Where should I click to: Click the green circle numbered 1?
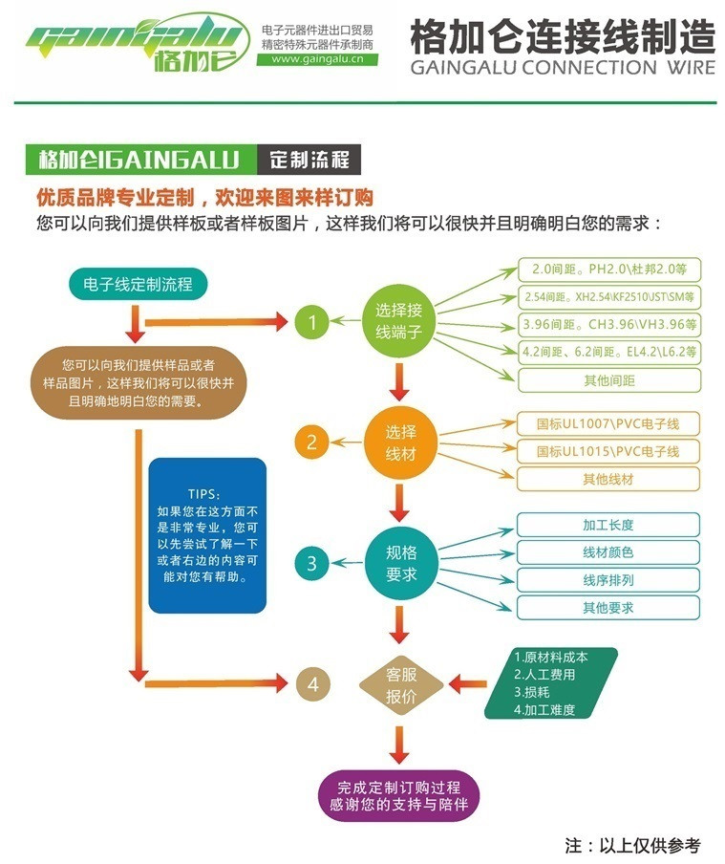coord(311,323)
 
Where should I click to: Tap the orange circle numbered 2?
coord(311,443)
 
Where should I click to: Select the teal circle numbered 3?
coord(311,563)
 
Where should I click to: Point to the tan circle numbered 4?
coord(311,683)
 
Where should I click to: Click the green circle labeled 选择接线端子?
coord(399,321)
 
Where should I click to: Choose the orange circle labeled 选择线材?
coord(400,443)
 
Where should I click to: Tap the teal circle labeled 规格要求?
coord(400,563)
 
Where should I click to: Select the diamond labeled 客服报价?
coord(400,684)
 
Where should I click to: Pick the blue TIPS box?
coord(206,535)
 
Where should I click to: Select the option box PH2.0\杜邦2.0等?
coord(609,270)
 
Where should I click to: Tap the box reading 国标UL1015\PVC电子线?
coord(608,451)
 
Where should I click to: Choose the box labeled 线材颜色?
coord(608,552)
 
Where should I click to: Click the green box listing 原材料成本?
coord(551,683)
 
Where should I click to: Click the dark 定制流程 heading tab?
coord(309,159)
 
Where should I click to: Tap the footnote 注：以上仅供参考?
coord(632,845)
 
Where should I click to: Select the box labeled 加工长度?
coord(608,526)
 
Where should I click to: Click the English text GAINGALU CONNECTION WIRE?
coord(562,68)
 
